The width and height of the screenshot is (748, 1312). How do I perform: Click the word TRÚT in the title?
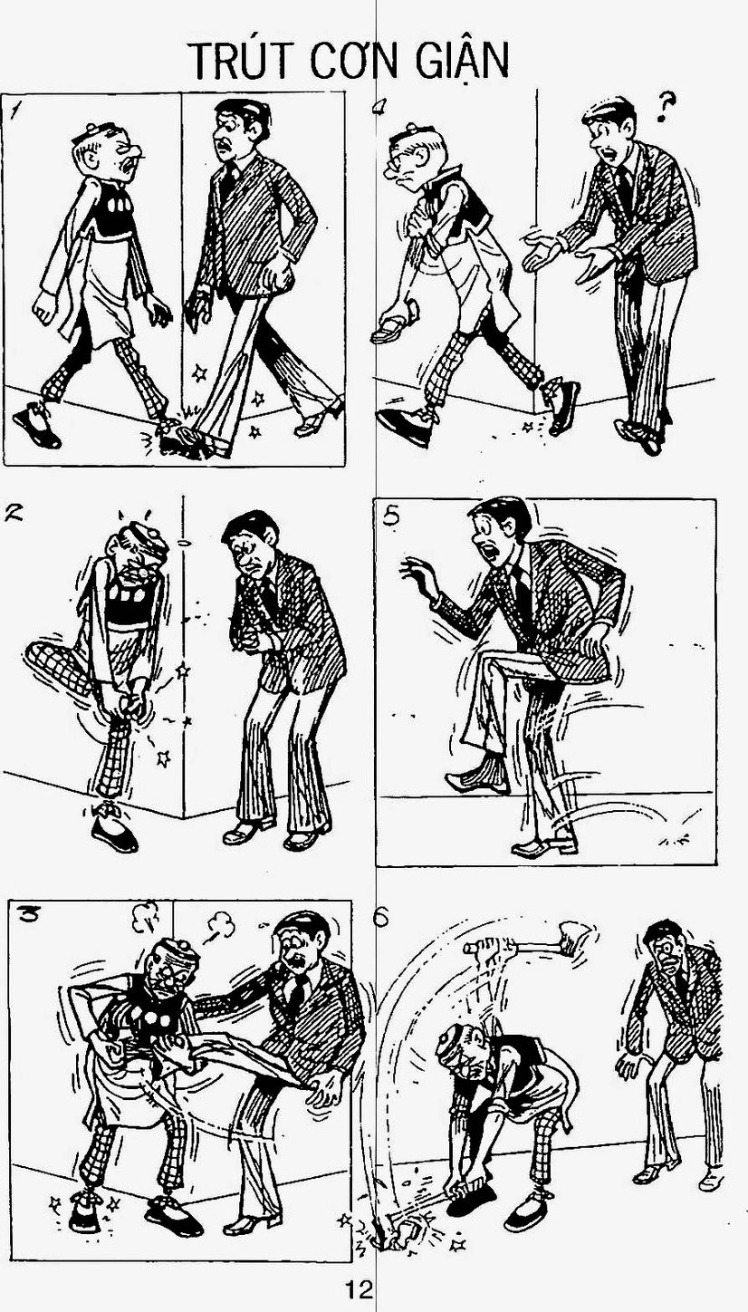[242, 61]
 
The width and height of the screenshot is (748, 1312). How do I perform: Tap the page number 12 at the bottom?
[359, 1288]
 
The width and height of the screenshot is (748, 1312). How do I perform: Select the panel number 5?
[391, 516]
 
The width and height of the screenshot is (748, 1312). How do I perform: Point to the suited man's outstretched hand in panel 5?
[418, 575]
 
